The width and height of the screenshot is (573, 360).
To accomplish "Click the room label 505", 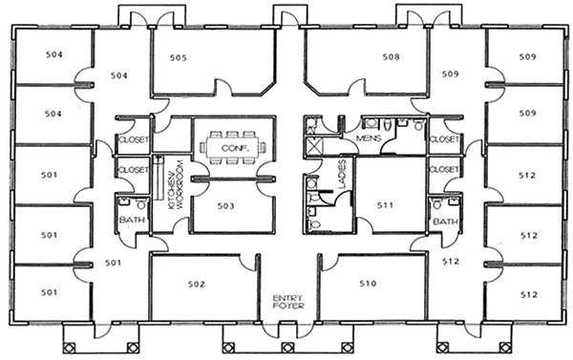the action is (x=178, y=57).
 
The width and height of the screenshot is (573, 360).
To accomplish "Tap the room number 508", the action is (x=391, y=57).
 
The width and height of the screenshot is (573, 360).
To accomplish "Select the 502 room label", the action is (x=196, y=284).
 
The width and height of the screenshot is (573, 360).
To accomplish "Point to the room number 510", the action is (x=368, y=284).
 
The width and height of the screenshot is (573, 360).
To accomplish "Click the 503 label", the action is (x=225, y=206).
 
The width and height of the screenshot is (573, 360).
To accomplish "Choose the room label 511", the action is (x=385, y=205).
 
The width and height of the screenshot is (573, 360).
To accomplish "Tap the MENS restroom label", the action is (x=369, y=138).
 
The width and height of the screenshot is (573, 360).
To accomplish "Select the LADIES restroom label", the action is (x=342, y=174).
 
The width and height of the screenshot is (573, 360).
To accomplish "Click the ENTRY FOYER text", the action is (x=288, y=302).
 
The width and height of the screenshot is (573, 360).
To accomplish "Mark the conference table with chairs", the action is (x=233, y=148).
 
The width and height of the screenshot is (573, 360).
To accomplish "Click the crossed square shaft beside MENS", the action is (x=314, y=145).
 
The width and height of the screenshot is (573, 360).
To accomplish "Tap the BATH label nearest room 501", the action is (x=132, y=220).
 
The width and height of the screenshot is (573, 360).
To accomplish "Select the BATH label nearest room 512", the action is (x=445, y=222).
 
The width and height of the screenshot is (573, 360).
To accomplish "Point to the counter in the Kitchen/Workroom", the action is (x=159, y=178).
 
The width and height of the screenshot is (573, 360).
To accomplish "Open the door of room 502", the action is (x=248, y=263).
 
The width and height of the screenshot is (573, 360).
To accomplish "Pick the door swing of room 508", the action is (x=356, y=88).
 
